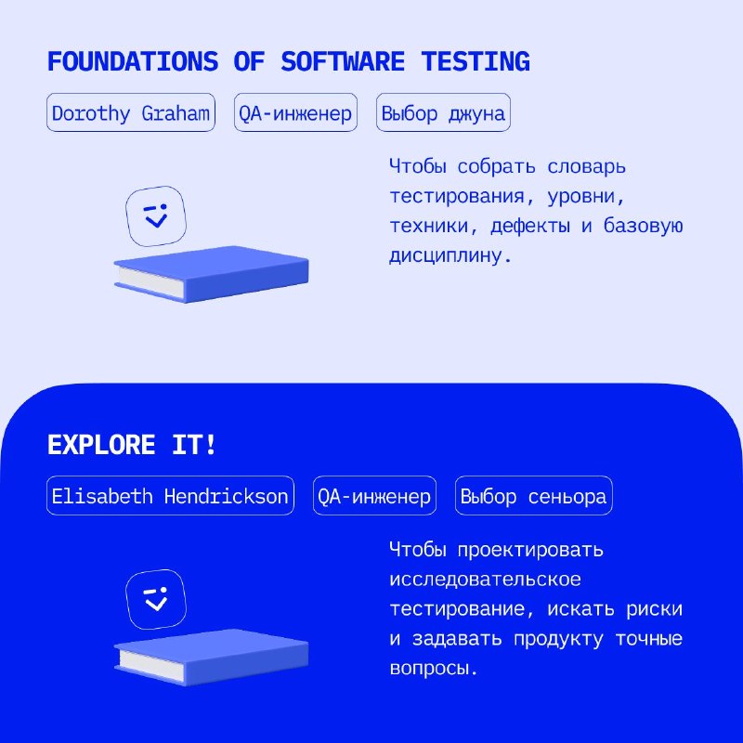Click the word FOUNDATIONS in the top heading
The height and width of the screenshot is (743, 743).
coord(133,61)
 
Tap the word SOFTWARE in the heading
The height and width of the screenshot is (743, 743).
coord(343,61)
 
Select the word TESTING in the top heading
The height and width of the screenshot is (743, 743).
coord(476,61)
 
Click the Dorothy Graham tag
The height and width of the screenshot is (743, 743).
coord(131,112)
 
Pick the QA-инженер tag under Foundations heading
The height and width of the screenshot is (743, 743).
coord(295,112)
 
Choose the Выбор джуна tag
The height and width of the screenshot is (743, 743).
coord(443,112)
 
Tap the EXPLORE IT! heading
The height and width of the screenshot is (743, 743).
coord(132,445)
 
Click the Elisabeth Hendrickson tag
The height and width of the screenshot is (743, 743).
coord(170,496)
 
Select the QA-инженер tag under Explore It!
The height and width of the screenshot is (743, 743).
coord(374,496)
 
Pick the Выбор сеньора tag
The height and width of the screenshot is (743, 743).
coord(533,496)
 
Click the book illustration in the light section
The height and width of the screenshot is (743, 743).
coord(212,274)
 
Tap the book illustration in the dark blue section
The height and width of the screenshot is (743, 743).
coord(212,658)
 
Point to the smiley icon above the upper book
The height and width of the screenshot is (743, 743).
coord(156,216)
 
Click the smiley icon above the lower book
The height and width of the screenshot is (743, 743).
coord(156,599)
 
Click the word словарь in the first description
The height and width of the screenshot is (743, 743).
coord(587,167)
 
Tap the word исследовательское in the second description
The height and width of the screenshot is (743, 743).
coord(485,580)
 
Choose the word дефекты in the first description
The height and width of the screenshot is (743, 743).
coord(530,226)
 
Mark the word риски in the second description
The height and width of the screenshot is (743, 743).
coord(655,609)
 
